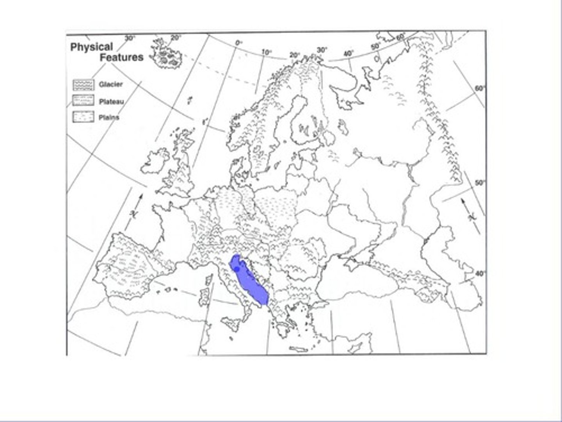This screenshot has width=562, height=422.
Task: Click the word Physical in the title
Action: point(91,47)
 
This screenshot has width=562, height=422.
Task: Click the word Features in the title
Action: point(121,57)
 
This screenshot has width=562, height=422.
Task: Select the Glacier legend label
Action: point(111,84)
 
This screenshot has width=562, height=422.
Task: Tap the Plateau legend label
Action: point(112,102)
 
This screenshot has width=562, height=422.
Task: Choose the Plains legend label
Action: point(109,117)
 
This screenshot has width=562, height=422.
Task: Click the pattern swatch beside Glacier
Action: point(84,84)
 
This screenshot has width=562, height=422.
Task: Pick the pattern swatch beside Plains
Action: point(84,117)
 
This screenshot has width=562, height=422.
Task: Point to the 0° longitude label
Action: point(239,43)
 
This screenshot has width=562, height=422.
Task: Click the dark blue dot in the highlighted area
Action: point(237,269)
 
